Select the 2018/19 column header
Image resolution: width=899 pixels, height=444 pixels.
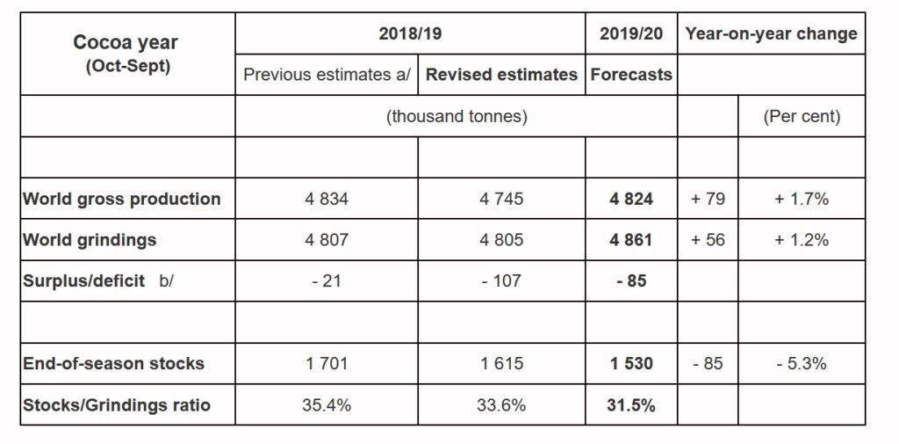click(x=411, y=33)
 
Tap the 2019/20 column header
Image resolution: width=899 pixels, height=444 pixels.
click(x=631, y=33)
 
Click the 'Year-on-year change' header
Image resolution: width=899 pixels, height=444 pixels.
click(x=771, y=33)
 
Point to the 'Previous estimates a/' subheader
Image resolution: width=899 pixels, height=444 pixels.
click(x=327, y=75)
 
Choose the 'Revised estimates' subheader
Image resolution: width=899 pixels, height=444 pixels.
click(x=501, y=75)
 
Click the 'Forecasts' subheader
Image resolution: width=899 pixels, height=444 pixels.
click(x=631, y=75)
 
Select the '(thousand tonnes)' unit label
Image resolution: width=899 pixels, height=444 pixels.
click(x=457, y=116)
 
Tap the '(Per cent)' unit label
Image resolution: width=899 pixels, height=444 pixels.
click(x=802, y=116)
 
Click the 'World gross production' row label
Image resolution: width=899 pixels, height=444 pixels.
click(x=122, y=199)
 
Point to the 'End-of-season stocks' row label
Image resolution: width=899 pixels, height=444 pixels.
click(x=113, y=363)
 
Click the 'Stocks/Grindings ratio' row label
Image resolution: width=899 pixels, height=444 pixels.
click(x=117, y=404)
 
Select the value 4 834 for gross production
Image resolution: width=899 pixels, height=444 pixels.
click(x=327, y=199)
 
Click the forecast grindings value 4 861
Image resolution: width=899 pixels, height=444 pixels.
click(x=631, y=239)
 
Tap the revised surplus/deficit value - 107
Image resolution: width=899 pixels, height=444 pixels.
click(x=501, y=281)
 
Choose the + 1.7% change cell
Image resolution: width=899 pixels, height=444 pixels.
click(x=801, y=199)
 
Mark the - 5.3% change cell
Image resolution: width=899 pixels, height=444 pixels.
click(x=801, y=363)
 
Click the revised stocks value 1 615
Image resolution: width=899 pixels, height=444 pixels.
click(x=501, y=363)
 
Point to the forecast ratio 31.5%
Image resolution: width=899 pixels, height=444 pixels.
click(x=631, y=404)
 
